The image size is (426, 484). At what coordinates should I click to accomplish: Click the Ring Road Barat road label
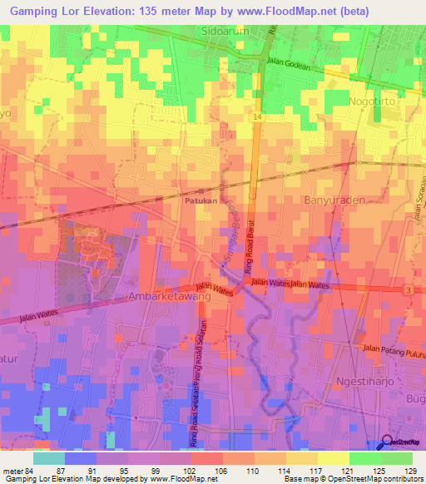tap(248, 249)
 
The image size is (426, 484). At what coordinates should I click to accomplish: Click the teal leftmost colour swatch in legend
tap(48, 458)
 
